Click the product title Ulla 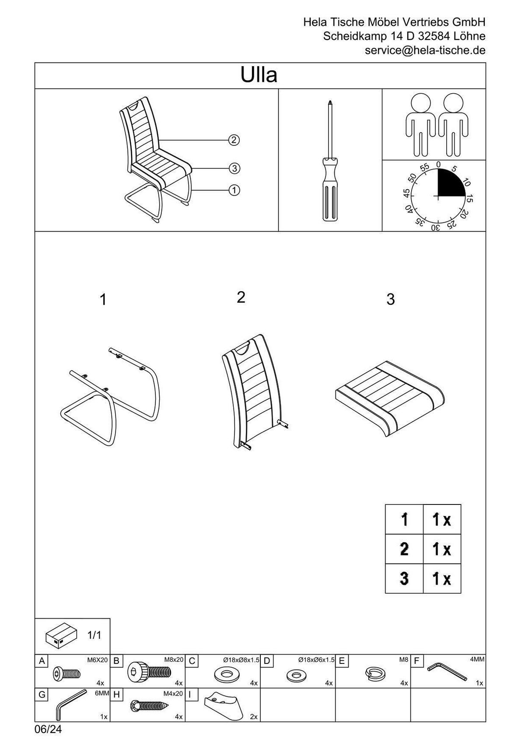pos(259,76)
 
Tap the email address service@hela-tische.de pos(425,50)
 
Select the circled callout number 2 pos(234,140)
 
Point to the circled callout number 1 pos(234,190)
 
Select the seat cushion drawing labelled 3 pos(388,398)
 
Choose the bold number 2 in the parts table pos(404,549)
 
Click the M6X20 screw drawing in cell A pos(66,673)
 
